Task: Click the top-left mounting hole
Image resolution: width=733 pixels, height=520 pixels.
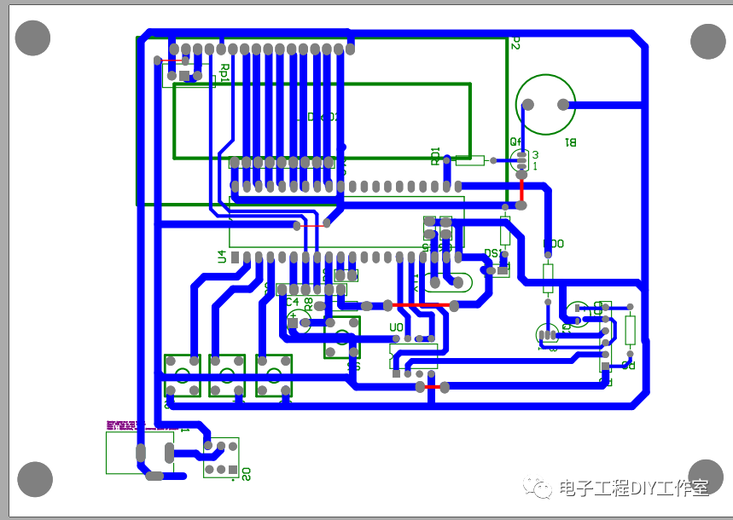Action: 33,38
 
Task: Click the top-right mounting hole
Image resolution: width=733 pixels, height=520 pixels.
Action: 707,41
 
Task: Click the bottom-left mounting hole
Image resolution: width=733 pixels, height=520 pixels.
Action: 35,479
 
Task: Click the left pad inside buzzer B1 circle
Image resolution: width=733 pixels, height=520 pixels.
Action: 527,105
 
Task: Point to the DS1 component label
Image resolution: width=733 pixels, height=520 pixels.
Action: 492,253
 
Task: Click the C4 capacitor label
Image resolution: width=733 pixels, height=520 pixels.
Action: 292,302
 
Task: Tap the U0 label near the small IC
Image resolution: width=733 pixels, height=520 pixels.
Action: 396,326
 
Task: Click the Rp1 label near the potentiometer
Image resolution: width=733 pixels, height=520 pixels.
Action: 224,72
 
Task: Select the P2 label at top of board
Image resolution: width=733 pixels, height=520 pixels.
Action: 515,43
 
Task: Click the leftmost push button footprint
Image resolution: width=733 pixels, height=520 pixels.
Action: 182,376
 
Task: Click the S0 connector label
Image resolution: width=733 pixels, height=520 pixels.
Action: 246,473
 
